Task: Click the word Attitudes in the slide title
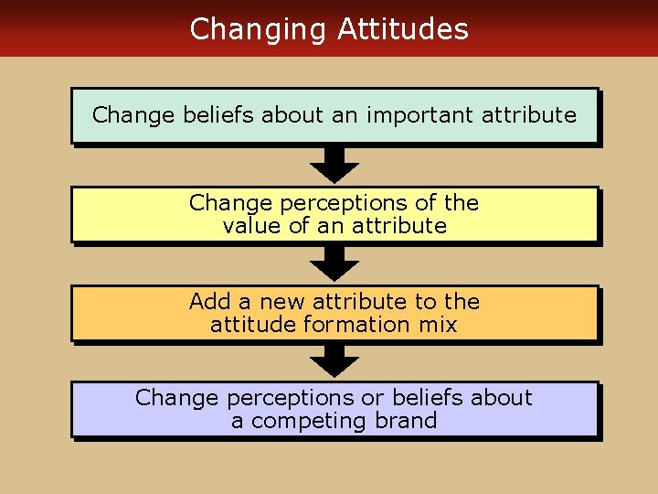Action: [402, 29]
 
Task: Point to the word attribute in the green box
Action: [531, 115]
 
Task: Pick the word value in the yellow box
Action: [252, 225]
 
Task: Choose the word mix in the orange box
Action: [437, 324]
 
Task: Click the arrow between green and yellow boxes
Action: [334, 166]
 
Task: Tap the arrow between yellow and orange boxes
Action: [334, 264]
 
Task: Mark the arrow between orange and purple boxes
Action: [334, 360]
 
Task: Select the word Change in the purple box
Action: [176, 398]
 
